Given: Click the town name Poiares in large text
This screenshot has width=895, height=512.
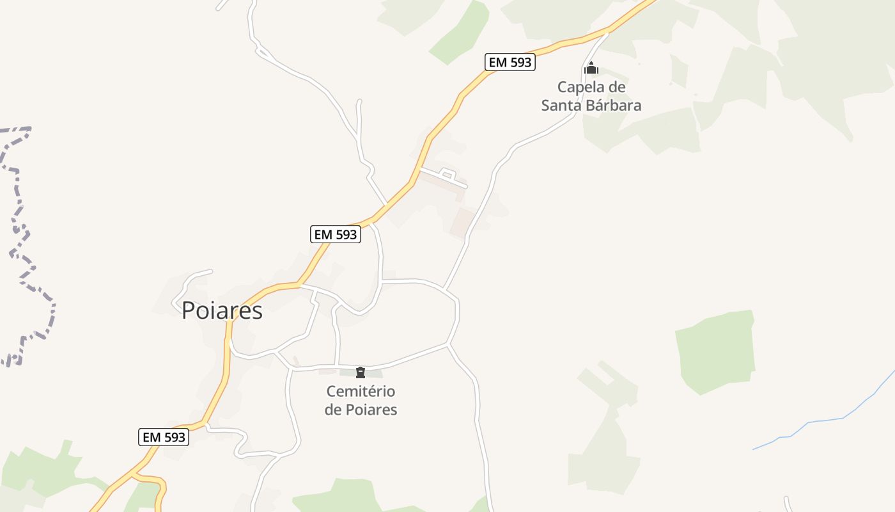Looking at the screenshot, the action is click(x=222, y=310).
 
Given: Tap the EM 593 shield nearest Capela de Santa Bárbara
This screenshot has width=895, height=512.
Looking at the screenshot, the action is click(x=510, y=62).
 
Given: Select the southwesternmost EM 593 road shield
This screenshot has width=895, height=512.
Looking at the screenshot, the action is click(x=164, y=437).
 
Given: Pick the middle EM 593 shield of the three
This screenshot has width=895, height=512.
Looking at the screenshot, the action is click(x=336, y=234).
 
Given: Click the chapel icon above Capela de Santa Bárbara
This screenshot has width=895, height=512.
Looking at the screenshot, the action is click(x=591, y=68).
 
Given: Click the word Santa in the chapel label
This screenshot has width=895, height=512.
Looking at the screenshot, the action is click(x=561, y=106).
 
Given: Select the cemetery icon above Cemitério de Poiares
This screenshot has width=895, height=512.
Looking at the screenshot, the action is click(x=361, y=372).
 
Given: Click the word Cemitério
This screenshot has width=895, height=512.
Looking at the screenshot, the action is click(x=361, y=391).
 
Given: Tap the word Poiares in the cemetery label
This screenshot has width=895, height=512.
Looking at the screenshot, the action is click(x=371, y=410).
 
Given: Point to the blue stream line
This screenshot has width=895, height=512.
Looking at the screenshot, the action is click(x=825, y=420).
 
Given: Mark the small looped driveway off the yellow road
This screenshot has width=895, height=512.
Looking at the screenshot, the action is click(x=447, y=175).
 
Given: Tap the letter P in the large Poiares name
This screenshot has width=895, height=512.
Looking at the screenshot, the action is click(x=188, y=311).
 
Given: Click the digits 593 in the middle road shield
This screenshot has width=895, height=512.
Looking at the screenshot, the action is click(x=345, y=234).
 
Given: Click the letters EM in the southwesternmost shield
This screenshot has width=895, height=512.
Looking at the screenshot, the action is click(x=151, y=437).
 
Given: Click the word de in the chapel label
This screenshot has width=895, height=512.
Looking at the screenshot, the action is click(x=618, y=87).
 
